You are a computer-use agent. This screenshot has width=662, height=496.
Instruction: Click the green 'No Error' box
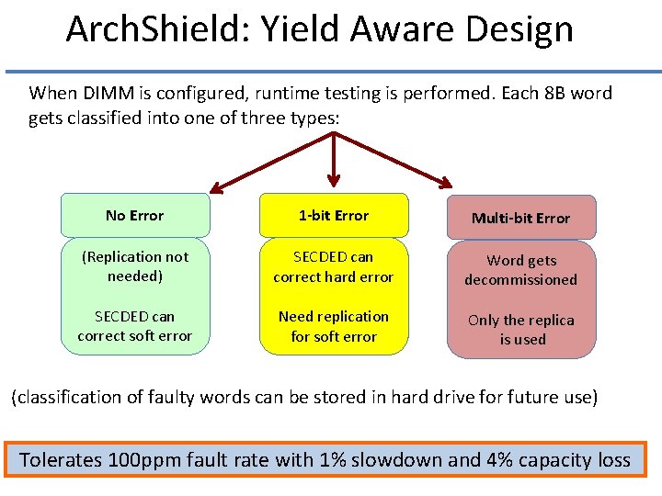click(x=134, y=216)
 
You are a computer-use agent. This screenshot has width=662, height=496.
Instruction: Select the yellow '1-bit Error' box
click(x=333, y=216)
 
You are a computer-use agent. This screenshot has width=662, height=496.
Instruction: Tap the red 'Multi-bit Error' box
click(x=520, y=218)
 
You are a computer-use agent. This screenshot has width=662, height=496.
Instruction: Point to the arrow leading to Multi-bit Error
click(x=395, y=161)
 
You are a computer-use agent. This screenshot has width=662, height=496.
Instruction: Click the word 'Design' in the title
click(x=519, y=30)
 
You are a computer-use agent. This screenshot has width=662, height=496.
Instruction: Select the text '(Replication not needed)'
click(x=134, y=266)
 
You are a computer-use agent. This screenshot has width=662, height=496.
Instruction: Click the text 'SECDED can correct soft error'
click(x=134, y=326)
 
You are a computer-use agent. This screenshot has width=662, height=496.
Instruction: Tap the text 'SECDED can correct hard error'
click(x=333, y=266)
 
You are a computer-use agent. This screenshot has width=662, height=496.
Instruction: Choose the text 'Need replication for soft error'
click(x=333, y=326)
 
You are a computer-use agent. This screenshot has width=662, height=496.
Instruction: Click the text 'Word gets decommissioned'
click(x=520, y=270)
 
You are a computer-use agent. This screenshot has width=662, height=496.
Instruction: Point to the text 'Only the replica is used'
click(x=520, y=330)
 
